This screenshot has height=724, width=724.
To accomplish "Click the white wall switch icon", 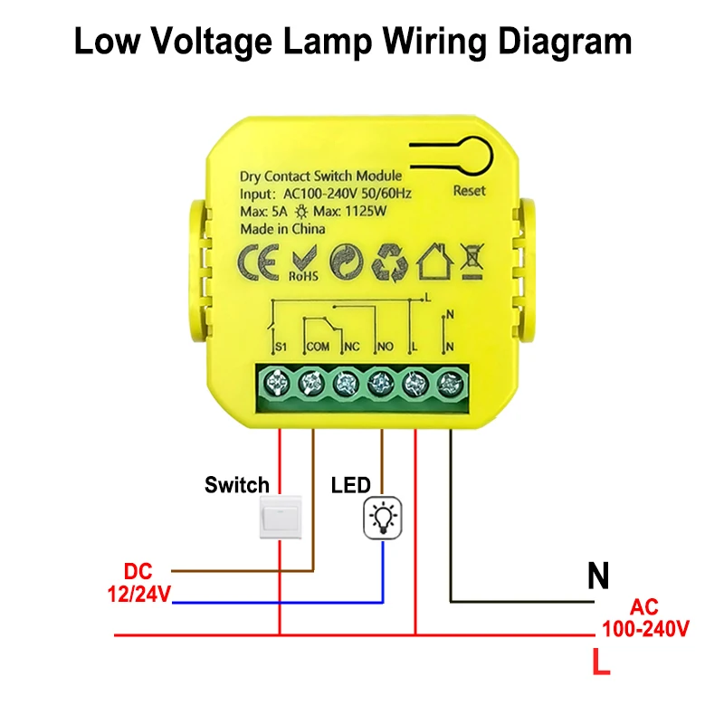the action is point(281,517).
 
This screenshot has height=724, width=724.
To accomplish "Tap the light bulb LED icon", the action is point(382,518).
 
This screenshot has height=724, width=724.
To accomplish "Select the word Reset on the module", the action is point(469,191).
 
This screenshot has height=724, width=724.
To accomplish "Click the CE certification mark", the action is point(259,262).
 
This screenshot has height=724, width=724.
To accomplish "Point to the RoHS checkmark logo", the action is point(304,263).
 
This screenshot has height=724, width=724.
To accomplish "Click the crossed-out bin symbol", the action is point(472,262).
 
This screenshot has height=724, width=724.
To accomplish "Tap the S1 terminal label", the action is point(281,347).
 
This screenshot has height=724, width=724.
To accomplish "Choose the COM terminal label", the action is point(319,347).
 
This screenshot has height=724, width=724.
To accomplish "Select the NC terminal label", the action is point(352,347).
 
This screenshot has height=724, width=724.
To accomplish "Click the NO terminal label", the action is point(386,347).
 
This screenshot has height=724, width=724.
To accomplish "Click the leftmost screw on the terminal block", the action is point(276,383).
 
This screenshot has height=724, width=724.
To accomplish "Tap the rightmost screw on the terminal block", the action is point(450,383).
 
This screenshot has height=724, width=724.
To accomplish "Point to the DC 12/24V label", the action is point(139,583).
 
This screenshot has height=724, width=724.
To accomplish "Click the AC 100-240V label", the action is point(645,618).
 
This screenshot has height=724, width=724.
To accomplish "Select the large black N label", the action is point(598,576).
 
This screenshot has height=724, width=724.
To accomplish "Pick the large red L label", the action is point(601,662).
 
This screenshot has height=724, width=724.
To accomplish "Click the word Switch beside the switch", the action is point(237,485).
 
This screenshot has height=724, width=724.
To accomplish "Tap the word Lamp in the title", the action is point(328,43).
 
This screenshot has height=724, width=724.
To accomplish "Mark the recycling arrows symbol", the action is point(390,262).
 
